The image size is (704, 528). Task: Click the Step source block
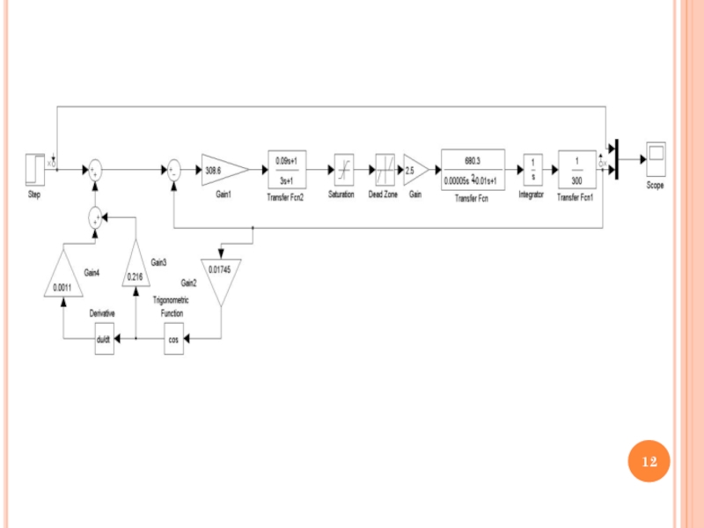pyautogui.click(x=33, y=170)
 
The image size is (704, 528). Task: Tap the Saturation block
pyautogui.click(x=341, y=169)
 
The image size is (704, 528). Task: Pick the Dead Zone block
pyautogui.click(x=385, y=169)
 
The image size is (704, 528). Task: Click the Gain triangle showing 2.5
pyautogui.click(x=414, y=170)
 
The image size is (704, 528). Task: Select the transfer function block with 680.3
pyautogui.click(x=473, y=170)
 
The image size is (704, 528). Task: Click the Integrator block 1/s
pyautogui.click(x=532, y=170)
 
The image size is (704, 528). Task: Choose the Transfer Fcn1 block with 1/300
pyautogui.click(x=576, y=170)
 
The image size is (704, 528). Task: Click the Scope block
pyautogui.click(x=655, y=159)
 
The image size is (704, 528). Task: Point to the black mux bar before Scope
pyautogui.click(x=617, y=159)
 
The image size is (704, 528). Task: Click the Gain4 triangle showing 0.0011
pyautogui.click(x=62, y=277)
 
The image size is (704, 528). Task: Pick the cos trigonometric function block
pyautogui.click(x=173, y=338)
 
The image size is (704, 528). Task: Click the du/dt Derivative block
pyautogui.click(x=104, y=338)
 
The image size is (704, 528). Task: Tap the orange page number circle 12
pyautogui.click(x=649, y=461)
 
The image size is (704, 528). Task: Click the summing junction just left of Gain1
pyautogui.click(x=174, y=170)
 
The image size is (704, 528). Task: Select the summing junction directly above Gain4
pyautogui.click(x=95, y=214)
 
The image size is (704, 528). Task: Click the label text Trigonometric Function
pyautogui.click(x=171, y=306)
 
